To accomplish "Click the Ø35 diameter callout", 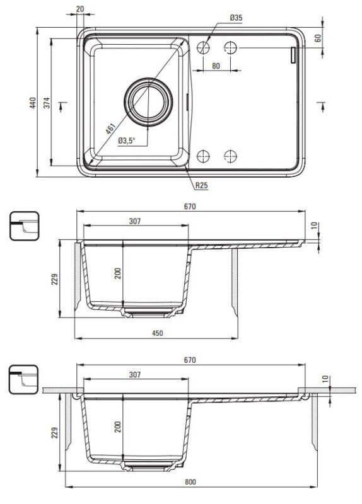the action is (x=236, y=18).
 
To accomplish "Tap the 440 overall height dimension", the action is (x=33, y=102).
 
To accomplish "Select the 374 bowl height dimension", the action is (x=47, y=102).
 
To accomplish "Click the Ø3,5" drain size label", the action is (x=127, y=140).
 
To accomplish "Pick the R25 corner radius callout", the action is (x=201, y=185).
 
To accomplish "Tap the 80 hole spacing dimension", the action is (x=216, y=66).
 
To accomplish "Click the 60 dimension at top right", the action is (x=318, y=38).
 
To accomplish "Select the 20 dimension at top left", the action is (x=80, y=9).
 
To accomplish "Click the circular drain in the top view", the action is (x=148, y=102).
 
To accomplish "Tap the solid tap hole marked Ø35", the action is (x=203, y=48).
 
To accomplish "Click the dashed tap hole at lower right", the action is (x=230, y=156).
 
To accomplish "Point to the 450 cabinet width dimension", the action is (x=157, y=333).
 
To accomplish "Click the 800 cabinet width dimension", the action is (x=190, y=482).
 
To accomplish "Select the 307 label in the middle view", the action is (x=135, y=221).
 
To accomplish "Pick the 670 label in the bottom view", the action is (x=190, y=360).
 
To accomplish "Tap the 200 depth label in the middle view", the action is (x=118, y=273).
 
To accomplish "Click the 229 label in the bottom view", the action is (x=55, y=432).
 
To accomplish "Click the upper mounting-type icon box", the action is (x=24, y=226).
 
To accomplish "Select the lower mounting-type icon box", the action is (x=23, y=380).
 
